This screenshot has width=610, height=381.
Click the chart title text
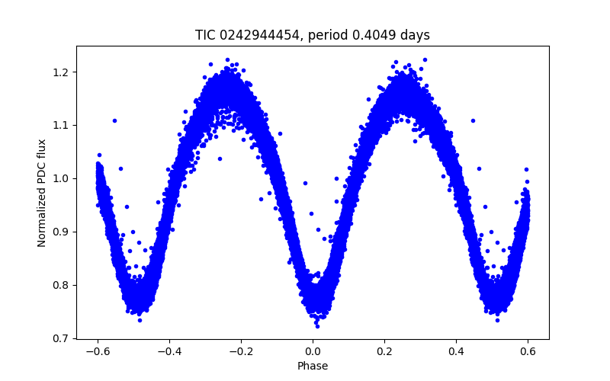[313, 35]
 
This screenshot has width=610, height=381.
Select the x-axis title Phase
[313, 366]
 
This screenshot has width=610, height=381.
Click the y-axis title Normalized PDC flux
[42, 193]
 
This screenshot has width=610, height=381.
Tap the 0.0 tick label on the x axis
[313, 351]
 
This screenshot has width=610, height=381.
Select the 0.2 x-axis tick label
[384, 351]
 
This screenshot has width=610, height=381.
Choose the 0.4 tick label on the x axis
[456, 351]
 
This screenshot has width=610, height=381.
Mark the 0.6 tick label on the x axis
[528, 351]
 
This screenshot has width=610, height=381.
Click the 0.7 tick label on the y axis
[62, 338]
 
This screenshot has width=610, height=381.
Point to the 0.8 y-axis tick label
[62, 285]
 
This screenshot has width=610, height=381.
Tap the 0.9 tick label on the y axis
[62, 232]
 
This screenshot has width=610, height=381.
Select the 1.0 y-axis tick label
[62, 178]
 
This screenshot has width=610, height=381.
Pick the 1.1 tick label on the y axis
[62, 125]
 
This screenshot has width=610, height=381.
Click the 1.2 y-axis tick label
[62, 72]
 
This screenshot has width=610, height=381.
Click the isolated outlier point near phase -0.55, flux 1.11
[114, 120]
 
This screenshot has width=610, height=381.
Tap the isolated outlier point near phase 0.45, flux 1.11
[473, 120]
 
